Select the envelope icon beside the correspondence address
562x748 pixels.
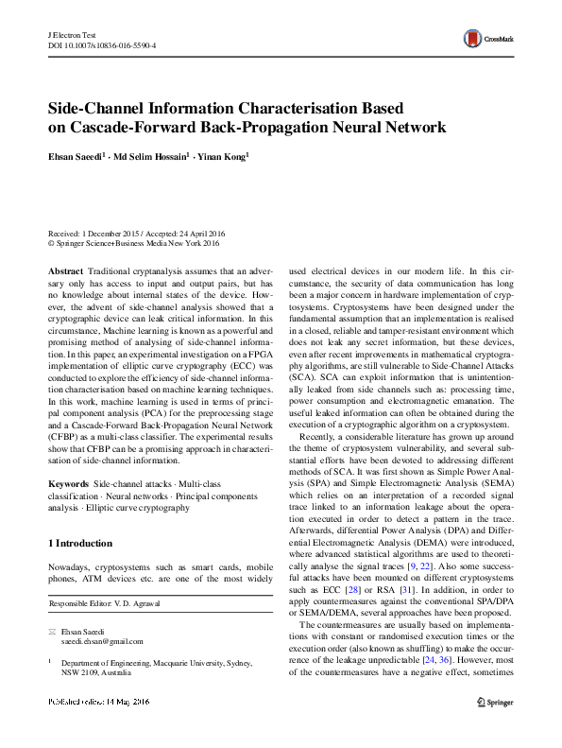(x=52, y=631)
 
